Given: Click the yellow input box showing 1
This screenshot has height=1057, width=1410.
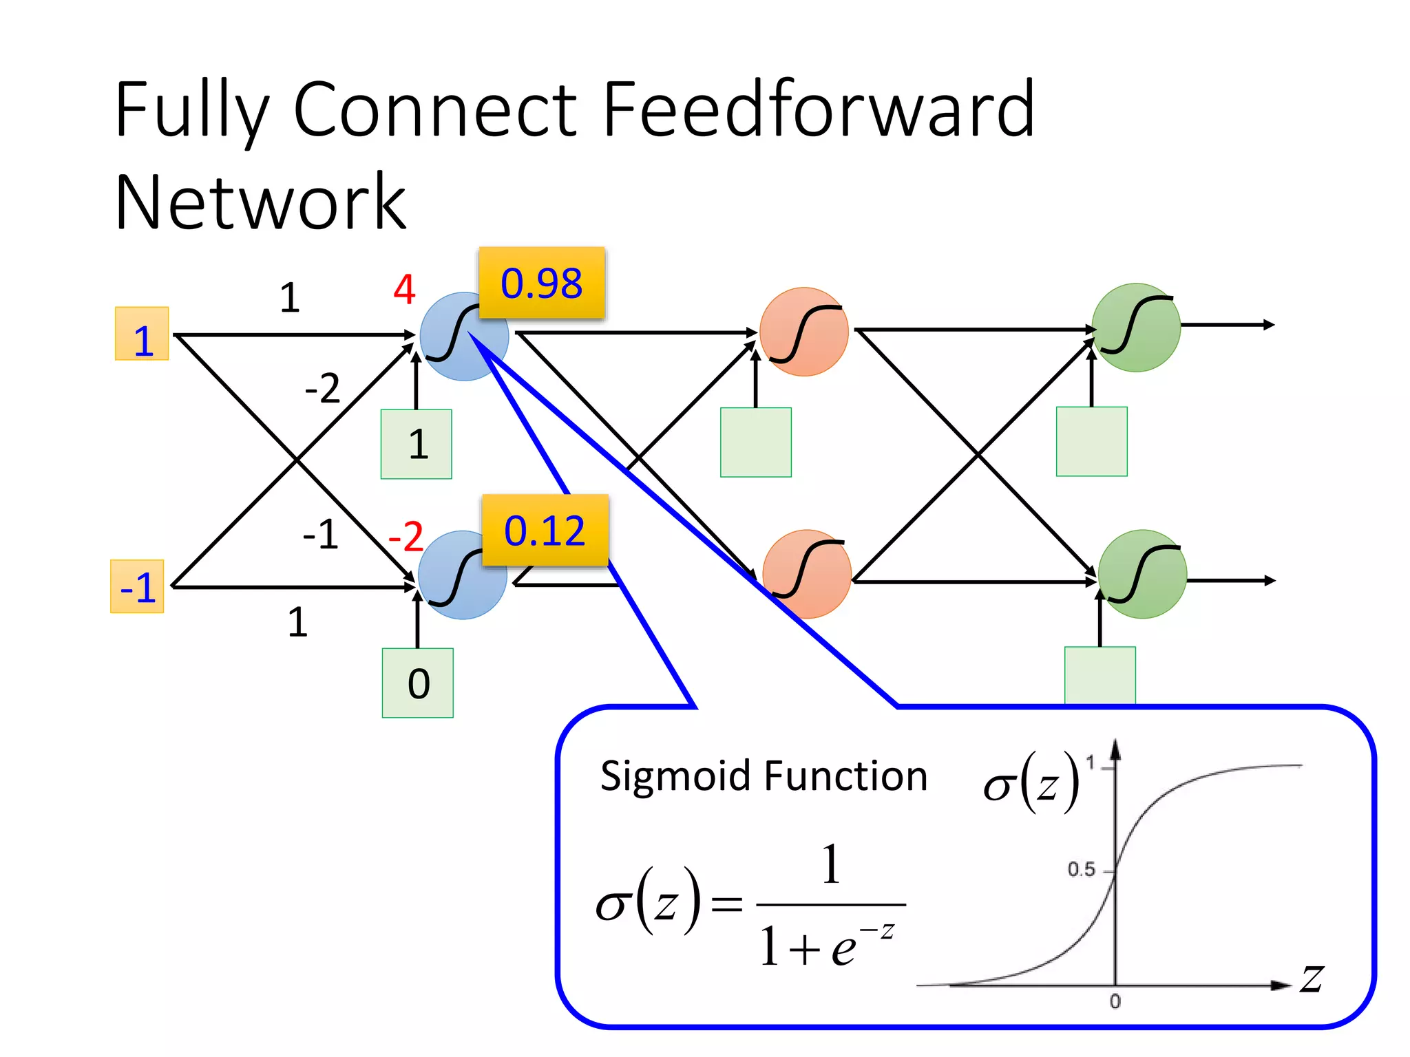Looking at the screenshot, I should click(x=142, y=334).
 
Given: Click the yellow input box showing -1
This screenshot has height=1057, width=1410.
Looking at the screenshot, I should click(x=137, y=587).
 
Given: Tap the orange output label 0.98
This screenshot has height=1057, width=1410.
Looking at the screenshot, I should click(x=542, y=283).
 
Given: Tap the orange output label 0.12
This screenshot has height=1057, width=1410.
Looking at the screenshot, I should click(x=545, y=531).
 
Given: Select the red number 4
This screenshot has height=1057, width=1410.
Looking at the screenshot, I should click(x=405, y=289).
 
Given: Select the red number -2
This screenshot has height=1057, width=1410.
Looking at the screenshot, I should click(x=406, y=536).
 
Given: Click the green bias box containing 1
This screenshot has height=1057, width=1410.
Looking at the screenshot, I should click(x=417, y=445).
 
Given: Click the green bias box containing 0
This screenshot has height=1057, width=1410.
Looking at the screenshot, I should click(x=418, y=683).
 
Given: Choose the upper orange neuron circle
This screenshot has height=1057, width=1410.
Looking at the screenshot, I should click(x=803, y=332).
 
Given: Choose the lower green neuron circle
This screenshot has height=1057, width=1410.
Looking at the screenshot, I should click(x=1142, y=575).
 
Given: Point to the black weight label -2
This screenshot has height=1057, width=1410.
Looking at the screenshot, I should click(x=322, y=388).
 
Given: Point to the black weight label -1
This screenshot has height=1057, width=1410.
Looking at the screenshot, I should click(x=321, y=534).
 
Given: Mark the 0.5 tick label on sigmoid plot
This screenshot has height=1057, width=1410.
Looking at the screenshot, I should click(x=1081, y=870).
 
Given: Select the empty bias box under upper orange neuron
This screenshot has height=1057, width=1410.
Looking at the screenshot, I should click(x=756, y=442).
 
